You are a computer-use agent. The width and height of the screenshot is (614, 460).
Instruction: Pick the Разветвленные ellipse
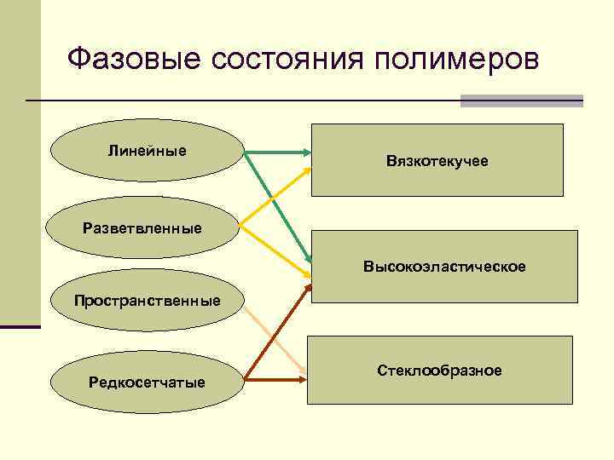point(142,227)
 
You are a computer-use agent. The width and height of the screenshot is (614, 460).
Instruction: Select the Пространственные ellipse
point(147,301)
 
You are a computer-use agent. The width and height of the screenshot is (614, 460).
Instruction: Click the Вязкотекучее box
point(437,160)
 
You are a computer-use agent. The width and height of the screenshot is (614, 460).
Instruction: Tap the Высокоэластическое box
point(443,266)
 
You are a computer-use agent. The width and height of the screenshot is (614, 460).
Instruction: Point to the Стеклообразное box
point(439,370)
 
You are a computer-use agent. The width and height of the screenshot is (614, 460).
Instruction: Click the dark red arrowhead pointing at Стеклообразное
point(303,378)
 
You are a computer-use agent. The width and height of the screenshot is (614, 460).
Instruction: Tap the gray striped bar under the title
point(521,101)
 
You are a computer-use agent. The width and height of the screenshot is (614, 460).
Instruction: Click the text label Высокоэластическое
point(444,267)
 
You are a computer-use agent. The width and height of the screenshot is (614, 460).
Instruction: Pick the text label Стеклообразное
point(439,371)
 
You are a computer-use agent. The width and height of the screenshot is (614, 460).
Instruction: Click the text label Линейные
point(147,152)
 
